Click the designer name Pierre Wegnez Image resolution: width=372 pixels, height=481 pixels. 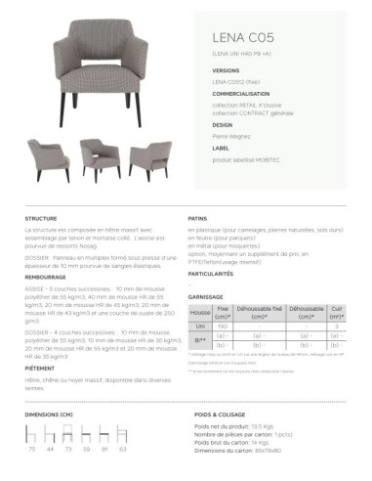[231, 137]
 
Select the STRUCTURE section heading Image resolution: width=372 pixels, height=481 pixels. [42, 219]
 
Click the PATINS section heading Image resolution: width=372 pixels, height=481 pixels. [197, 219]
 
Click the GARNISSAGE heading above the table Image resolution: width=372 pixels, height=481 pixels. [206, 296]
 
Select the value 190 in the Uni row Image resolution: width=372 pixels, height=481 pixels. [224, 326]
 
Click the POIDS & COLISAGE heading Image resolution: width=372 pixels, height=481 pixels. [220, 415]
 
